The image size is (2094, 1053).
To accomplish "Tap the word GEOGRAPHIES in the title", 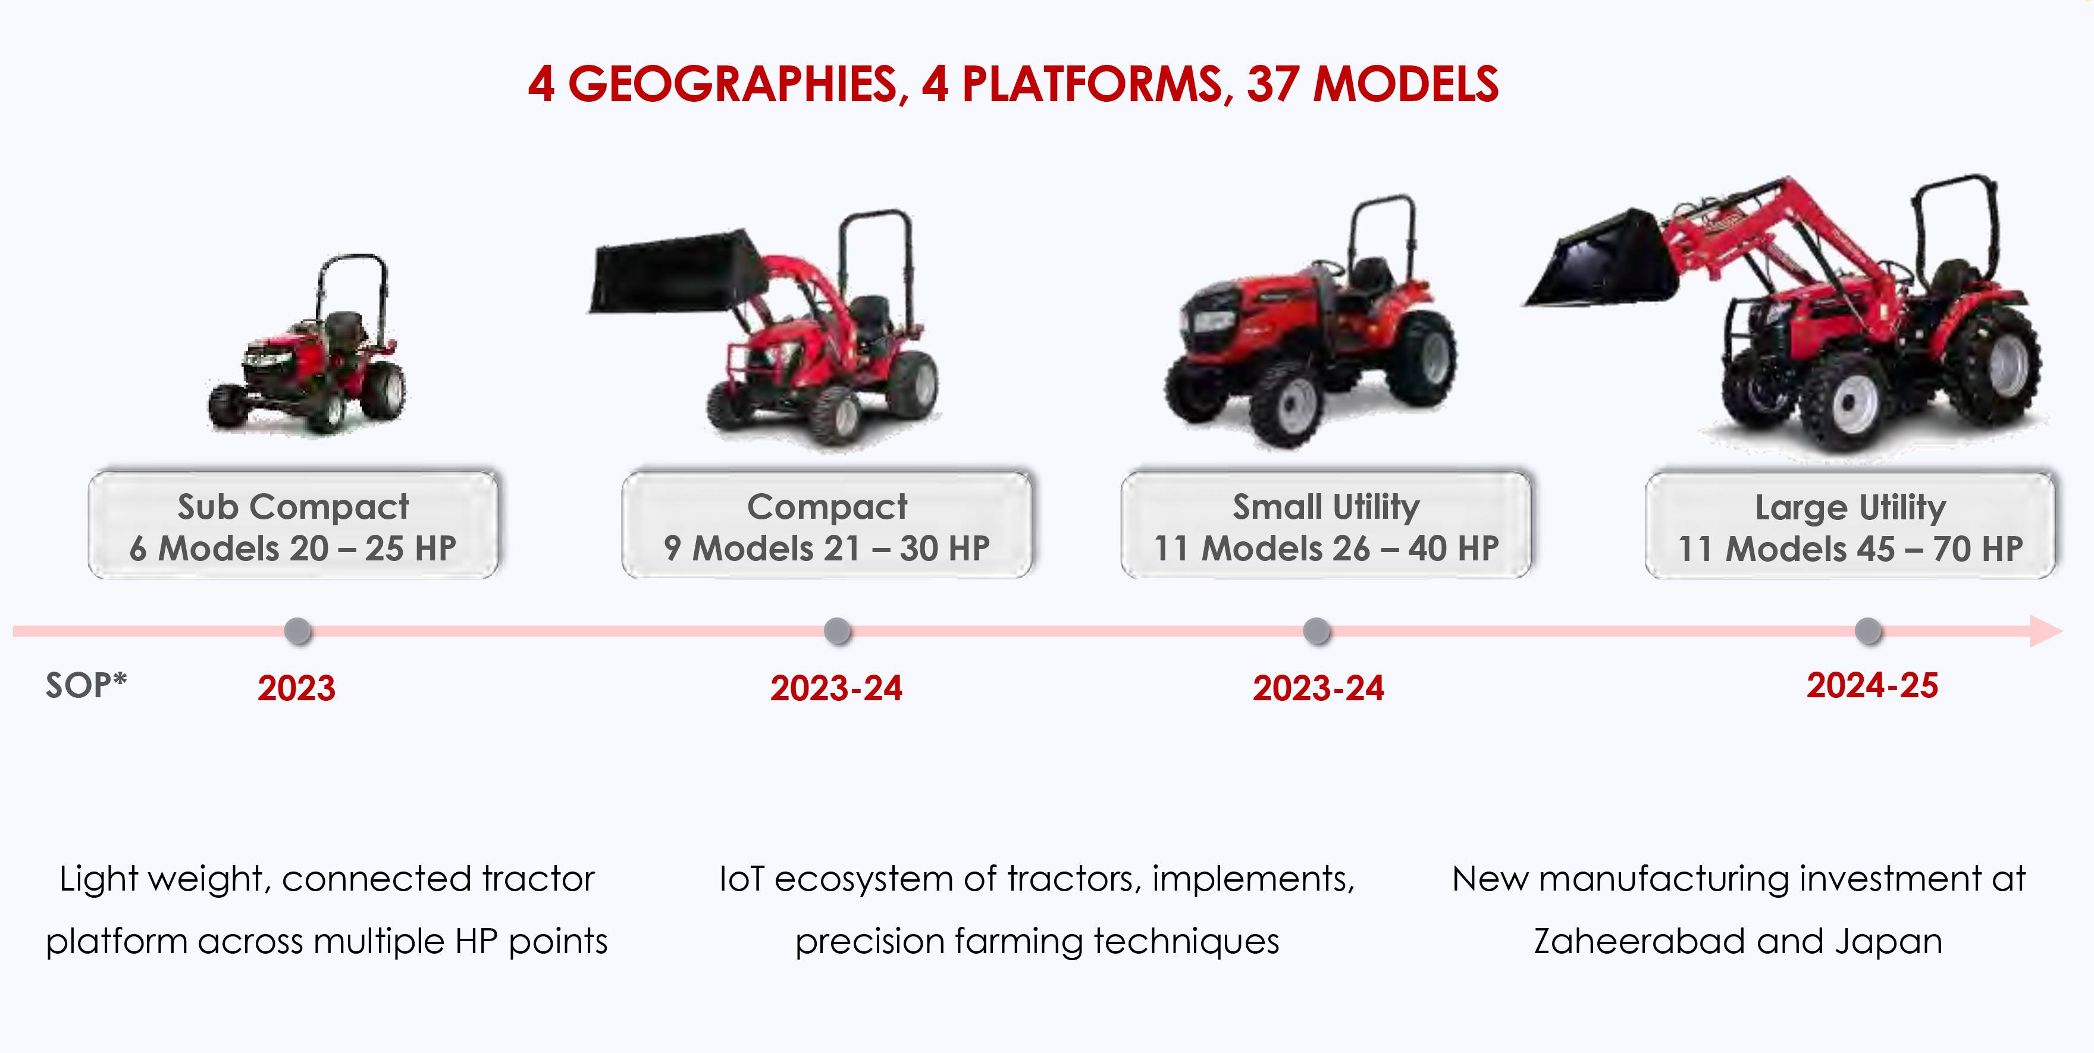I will click(732, 84).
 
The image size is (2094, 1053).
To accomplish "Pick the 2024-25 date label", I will click(1872, 685).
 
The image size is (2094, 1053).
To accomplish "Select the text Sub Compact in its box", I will click(293, 507).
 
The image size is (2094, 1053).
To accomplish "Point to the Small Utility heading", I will click(1326, 507).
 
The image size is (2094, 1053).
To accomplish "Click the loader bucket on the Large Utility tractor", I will click(1606, 260).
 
